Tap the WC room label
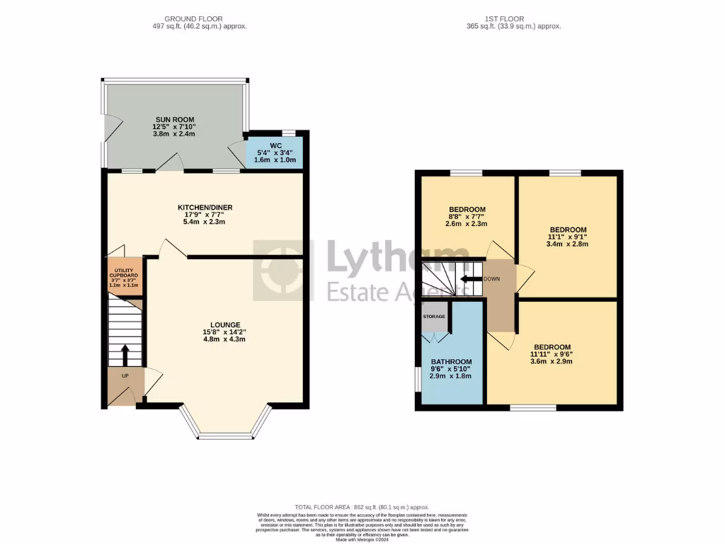point(275,145)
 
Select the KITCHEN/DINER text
point(205,207)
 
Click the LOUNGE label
point(224,324)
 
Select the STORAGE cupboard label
point(433,316)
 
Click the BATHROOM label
point(451,362)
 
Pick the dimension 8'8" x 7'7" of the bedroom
point(467,217)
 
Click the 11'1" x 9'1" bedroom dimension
point(568,237)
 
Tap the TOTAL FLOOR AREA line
point(362,507)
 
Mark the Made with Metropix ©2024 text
point(362,540)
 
